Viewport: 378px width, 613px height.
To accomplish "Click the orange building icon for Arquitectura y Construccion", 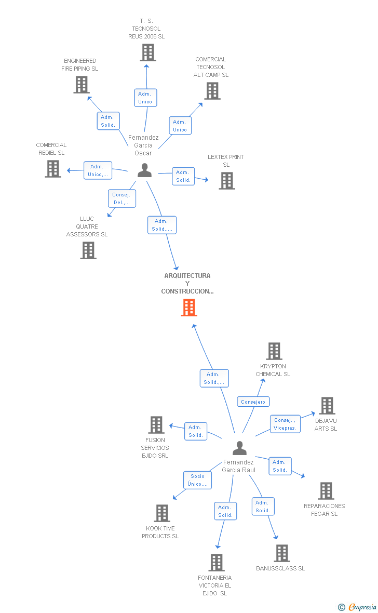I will click(x=189, y=308).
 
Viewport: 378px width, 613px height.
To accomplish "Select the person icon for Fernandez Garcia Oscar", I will click(x=144, y=170).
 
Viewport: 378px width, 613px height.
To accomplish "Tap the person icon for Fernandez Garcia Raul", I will click(x=239, y=448).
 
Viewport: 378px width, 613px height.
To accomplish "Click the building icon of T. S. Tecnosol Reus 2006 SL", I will click(x=148, y=52).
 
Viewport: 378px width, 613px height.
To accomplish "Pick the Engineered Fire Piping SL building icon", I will click(x=82, y=85).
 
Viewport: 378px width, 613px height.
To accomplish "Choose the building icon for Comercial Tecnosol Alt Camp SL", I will click(x=212, y=91).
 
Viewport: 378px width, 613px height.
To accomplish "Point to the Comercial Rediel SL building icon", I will click(x=53, y=169).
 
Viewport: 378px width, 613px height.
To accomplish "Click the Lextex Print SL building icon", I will click(x=227, y=181).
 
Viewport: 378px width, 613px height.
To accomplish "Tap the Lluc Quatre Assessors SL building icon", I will click(x=88, y=250).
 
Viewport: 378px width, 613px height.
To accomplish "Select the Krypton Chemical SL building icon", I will click(x=274, y=351).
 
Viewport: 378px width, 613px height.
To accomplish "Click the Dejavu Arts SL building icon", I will click(x=327, y=406).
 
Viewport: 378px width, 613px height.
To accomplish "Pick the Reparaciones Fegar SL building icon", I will click(x=326, y=491).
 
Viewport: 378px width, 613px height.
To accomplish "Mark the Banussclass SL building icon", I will click(x=282, y=553).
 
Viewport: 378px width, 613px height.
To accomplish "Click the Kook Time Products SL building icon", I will click(x=162, y=513).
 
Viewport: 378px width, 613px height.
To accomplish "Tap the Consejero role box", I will click(x=253, y=402).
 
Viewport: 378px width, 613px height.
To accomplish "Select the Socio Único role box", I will click(x=197, y=480).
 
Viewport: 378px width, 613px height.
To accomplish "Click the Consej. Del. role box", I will click(x=122, y=198).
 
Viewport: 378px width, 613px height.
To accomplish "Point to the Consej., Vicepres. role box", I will click(x=285, y=424).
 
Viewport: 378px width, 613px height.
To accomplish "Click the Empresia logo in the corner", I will click(x=358, y=607).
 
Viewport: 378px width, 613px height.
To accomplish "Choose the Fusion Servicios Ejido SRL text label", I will click(x=155, y=448).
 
